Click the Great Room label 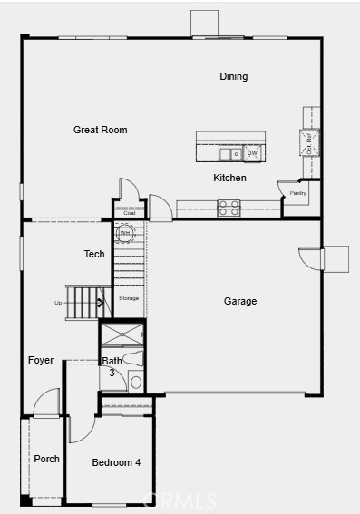tap(100, 130)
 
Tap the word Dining tap(233, 77)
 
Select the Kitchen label tap(229, 178)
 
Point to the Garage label tap(240, 301)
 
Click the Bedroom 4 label tap(116, 462)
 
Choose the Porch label tap(47, 459)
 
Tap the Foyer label tap(41, 360)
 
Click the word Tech tap(94, 254)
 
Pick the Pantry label tap(298, 193)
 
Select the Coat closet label tap(130, 213)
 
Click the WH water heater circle tap(125, 233)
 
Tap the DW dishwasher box tap(251, 153)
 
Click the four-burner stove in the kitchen tap(229, 208)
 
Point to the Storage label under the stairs tap(129, 298)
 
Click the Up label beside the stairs tap(59, 303)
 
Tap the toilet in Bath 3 tap(134, 382)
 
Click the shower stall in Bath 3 tap(122, 335)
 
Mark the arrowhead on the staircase tap(102, 304)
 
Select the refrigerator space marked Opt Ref tap(307, 143)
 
